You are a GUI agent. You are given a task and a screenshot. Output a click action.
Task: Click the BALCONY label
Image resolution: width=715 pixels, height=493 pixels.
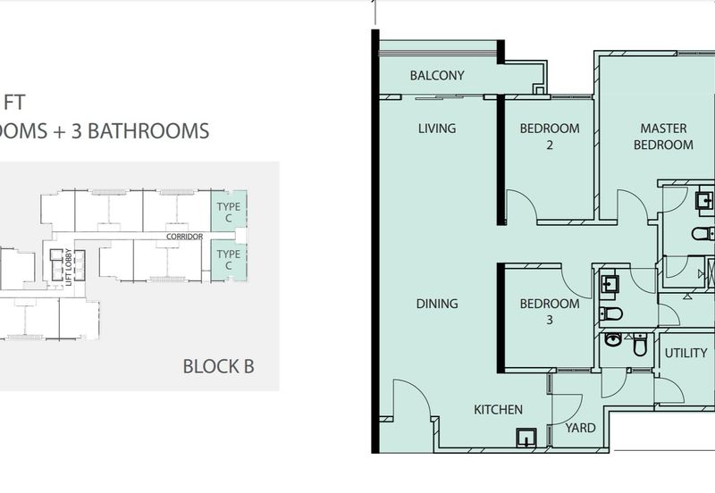tap(437, 75)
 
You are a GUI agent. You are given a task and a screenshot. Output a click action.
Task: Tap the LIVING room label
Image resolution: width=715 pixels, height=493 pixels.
tap(437, 129)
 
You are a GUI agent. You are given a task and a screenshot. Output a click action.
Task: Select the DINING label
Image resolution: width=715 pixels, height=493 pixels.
tap(437, 304)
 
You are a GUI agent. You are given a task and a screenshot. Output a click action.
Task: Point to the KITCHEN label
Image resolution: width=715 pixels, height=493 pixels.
tap(498, 410)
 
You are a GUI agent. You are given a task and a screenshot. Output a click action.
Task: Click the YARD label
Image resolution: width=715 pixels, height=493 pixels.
tap(580, 428)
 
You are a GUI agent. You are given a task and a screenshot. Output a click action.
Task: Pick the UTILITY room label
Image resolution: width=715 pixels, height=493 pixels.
tap(686, 353)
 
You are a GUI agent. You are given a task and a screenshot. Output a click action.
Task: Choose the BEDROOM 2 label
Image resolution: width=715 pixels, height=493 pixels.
tap(550, 137)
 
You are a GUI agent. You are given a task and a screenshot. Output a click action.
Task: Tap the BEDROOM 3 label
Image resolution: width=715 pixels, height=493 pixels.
tap(550, 312)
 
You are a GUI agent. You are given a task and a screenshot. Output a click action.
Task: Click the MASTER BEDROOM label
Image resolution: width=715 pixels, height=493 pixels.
tap(663, 137)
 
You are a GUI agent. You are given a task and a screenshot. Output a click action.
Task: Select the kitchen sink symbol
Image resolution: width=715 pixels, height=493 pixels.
tap(526, 438)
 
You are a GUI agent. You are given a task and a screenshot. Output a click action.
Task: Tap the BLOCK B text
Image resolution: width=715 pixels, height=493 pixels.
tap(218, 366)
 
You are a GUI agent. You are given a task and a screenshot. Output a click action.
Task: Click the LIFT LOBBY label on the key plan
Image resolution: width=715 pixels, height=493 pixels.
tap(69, 267)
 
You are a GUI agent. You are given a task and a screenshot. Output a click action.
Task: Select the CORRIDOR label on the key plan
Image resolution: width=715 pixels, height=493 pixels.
tap(185, 237)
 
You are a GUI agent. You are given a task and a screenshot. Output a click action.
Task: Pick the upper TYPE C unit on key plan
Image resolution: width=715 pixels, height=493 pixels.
tap(229, 212)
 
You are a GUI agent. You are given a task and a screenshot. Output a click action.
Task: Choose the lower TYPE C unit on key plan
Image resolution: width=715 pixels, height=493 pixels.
tap(229, 260)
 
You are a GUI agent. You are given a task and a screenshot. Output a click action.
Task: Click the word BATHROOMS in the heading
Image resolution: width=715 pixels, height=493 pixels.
tap(148, 130)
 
